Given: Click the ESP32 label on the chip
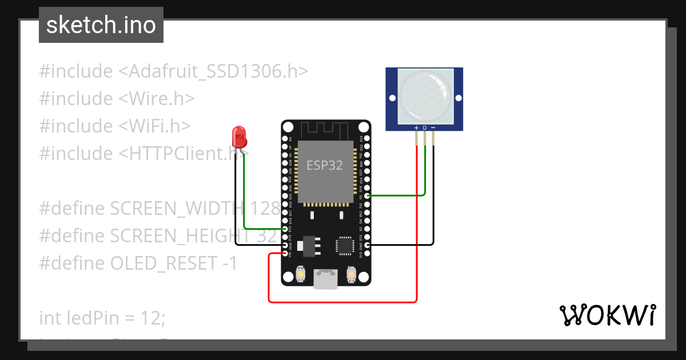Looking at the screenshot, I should pos(325,166).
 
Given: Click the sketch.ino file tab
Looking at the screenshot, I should pos(101,25).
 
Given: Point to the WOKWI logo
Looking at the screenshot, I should pos(607,315).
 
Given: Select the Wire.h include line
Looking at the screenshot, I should pos(117,99).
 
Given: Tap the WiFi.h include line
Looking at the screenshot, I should pos(114,126).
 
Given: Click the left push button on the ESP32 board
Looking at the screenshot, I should pos(300,276).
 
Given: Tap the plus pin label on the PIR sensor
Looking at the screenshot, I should pos(416,127).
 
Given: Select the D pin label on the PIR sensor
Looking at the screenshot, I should pos(424,127).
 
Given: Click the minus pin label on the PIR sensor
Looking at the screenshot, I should pos(433,127).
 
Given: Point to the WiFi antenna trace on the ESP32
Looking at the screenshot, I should pos(325,129).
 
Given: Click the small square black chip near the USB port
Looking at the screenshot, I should pos(345,245).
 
